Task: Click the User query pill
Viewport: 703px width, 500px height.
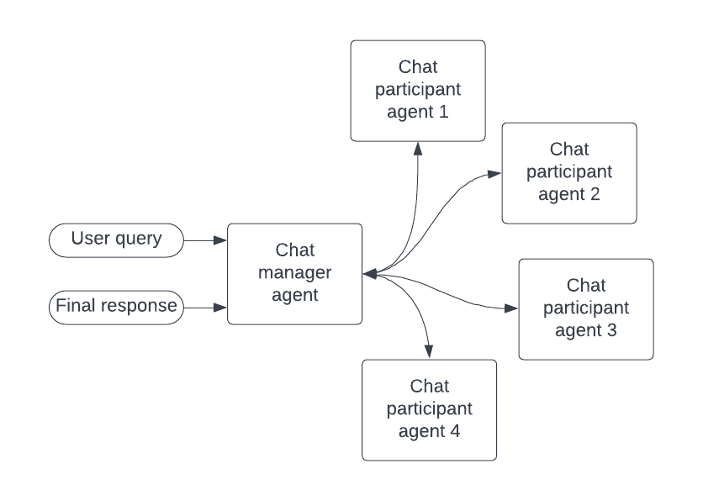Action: (x=117, y=239)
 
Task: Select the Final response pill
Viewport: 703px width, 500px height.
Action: (x=117, y=307)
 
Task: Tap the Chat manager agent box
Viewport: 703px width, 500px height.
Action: (x=295, y=273)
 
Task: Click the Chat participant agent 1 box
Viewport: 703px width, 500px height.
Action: (x=418, y=90)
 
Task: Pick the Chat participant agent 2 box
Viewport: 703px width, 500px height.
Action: (x=569, y=172)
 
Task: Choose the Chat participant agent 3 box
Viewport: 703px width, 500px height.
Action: (x=586, y=308)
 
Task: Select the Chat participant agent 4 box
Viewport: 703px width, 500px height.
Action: (x=429, y=409)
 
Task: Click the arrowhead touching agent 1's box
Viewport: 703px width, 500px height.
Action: (x=418, y=147)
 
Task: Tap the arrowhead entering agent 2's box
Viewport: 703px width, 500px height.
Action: (x=495, y=174)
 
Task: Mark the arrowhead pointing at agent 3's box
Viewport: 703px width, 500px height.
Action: (x=512, y=308)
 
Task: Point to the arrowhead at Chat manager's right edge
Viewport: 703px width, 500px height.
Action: (x=369, y=274)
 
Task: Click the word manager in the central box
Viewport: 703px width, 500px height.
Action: (x=295, y=273)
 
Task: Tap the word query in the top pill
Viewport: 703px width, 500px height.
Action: (x=140, y=239)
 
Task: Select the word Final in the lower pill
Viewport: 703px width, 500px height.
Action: (x=73, y=307)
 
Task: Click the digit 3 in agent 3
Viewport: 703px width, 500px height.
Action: (x=611, y=330)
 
